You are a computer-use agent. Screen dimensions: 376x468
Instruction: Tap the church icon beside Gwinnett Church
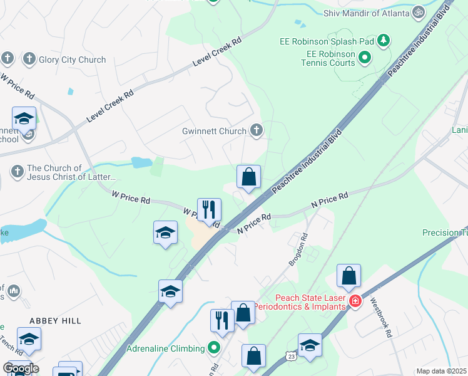point(256,130)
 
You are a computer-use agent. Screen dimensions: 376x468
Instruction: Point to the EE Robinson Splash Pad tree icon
point(384,41)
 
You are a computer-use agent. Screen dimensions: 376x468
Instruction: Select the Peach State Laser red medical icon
point(355,301)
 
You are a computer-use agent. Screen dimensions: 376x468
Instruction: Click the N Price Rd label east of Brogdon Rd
point(330,201)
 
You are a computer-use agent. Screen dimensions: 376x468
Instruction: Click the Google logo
point(21,368)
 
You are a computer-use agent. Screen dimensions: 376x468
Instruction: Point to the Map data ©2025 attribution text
point(441,371)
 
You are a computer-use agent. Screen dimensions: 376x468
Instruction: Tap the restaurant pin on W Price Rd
point(208,210)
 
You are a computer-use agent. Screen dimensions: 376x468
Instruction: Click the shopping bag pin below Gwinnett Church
point(248,177)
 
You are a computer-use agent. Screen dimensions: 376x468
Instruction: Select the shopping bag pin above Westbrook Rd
point(348,275)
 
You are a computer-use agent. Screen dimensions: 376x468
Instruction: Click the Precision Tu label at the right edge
point(444,232)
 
